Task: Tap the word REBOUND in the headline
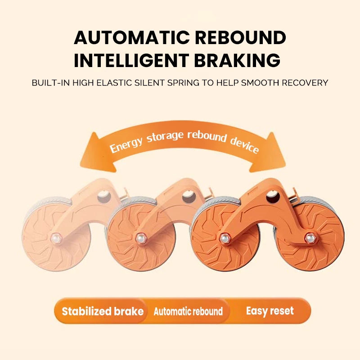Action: click(242, 38)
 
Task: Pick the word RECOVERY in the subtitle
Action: click(307, 83)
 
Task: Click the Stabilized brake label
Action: click(103, 311)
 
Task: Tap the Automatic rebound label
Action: click(188, 311)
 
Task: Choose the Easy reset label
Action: click(270, 310)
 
